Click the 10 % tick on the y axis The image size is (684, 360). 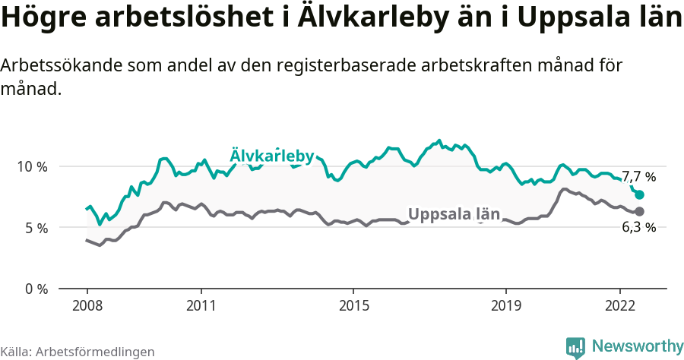click(32, 166)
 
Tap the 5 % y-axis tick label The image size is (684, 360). click(36, 228)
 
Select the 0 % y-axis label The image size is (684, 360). click(36, 289)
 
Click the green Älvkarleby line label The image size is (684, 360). click(271, 156)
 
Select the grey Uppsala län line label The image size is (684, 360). click(454, 214)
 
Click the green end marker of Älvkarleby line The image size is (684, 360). click(639, 194)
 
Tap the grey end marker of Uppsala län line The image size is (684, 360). click(639, 211)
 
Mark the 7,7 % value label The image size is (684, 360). click(638, 177)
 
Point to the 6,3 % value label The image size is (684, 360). click(639, 227)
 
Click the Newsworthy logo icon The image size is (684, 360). click(575, 347)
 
